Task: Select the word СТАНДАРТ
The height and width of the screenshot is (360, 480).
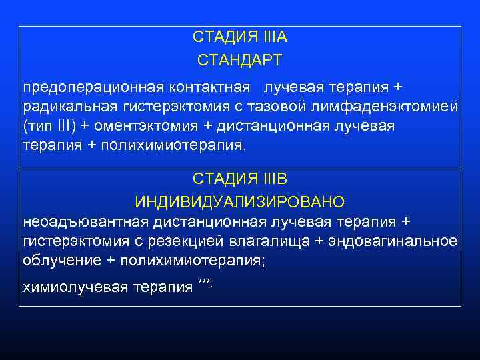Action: point(239,61)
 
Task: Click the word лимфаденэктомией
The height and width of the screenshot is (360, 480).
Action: point(398,107)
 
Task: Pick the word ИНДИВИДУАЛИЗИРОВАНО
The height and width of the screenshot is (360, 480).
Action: point(239,201)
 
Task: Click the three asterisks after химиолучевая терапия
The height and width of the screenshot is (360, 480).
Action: point(204,284)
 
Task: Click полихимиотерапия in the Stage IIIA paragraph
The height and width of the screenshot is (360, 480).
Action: point(173,146)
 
